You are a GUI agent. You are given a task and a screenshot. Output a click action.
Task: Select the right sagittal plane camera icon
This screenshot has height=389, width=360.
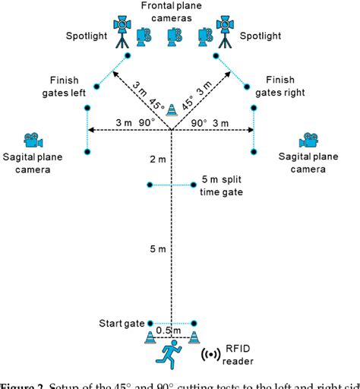tap(308, 141)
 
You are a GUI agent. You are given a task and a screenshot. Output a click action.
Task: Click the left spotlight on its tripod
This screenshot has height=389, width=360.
tap(122, 30)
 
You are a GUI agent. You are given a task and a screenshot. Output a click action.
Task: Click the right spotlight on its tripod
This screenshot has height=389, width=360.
tap(225, 30)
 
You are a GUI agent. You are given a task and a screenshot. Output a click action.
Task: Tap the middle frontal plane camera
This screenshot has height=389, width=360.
tap(175, 34)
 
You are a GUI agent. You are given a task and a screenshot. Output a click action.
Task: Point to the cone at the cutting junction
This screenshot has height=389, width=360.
tap(172, 109)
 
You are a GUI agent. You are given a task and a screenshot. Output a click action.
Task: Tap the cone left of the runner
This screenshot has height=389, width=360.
tap(150, 337)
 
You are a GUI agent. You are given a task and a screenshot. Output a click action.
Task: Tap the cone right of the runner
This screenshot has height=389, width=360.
tap(194, 337)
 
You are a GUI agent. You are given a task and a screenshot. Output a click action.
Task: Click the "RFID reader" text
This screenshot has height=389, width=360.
tap(239, 355)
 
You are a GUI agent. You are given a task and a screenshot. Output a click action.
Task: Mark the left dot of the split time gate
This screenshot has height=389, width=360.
tap(150, 185)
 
